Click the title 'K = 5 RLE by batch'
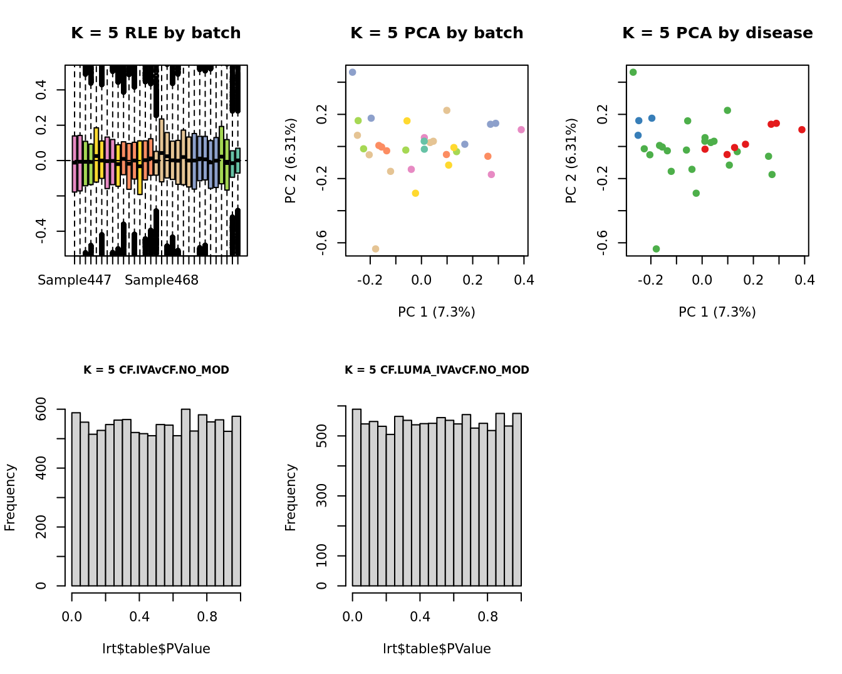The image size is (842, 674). [x=155, y=33]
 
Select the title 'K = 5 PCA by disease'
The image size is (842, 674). [x=717, y=33]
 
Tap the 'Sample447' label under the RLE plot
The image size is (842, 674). [x=75, y=280]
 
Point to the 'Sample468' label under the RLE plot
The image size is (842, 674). [x=162, y=280]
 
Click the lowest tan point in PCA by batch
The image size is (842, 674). [x=375, y=249]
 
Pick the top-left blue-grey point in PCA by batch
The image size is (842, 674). [x=353, y=73]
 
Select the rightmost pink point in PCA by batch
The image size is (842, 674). [x=521, y=130]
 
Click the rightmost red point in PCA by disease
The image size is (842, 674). [x=802, y=130]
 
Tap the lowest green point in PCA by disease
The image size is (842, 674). [x=656, y=249]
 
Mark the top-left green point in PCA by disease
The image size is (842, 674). [x=633, y=73]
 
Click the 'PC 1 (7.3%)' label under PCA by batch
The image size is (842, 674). [x=437, y=312]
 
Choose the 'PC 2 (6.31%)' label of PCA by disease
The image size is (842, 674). [x=571, y=161]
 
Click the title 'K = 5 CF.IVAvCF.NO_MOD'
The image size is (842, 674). [x=156, y=370]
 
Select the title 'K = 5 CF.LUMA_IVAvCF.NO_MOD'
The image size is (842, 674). [x=437, y=370]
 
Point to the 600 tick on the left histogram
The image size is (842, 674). [x=41, y=409]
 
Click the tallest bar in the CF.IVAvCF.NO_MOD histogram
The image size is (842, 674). [x=185, y=497]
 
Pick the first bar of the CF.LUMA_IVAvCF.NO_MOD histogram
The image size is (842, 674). [x=356, y=497]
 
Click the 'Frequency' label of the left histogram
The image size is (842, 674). [x=10, y=497]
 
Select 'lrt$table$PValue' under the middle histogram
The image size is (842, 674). [x=437, y=649]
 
